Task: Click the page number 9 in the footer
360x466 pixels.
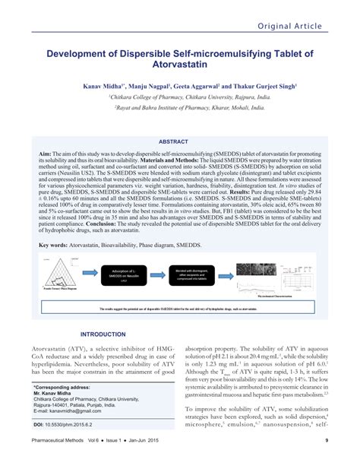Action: click(x=326, y=461)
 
